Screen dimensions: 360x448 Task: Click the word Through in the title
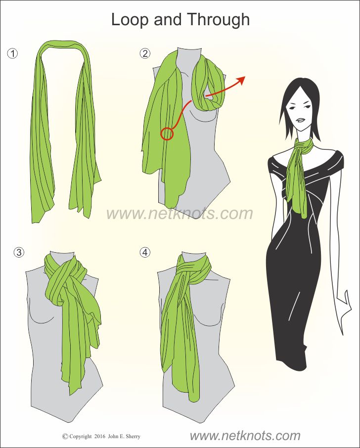219,20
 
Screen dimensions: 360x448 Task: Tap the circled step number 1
12,53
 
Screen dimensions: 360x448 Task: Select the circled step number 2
145,53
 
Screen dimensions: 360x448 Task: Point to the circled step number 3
19,252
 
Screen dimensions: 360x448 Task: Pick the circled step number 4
145,252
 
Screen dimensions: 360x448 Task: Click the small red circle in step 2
167,134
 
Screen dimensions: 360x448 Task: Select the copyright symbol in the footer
65,436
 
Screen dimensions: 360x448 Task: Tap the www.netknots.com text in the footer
245,436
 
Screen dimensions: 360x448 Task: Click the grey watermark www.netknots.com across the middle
180,214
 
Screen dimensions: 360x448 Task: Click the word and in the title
168,20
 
